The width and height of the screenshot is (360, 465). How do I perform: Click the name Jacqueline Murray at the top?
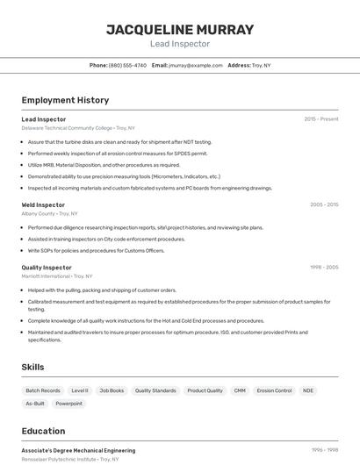pyautogui.click(x=180, y=30)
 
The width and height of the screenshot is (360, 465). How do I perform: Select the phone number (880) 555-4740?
pyautogui.click(x=127, y=65)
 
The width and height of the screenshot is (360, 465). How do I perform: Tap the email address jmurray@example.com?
pyautogui.click(x=195, y=65)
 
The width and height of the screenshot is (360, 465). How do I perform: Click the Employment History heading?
pyautogui.click(x=65, y=100)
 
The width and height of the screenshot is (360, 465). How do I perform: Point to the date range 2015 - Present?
pyautogui.click(x=321, y=118)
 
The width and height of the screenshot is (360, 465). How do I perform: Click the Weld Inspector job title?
pyautogui.click(x=43, y=204)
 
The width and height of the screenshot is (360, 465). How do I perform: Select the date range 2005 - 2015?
pyautogui.click(x=324, y=204)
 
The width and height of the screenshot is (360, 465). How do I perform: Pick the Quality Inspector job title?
pyautogui.click(x=47, y=268)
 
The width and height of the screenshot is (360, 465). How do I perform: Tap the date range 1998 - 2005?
pyautogui.click(x=324, y=268)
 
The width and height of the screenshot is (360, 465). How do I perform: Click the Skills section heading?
pyautogui.click(x=32, y=367)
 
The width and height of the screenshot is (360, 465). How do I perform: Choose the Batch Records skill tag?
pyautogui.click(x=43, y=390)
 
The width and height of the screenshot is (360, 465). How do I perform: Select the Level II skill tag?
pyautogui.click(x=80, y=390)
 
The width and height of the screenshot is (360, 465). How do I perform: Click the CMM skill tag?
pyautogui.click(x=240, y=390)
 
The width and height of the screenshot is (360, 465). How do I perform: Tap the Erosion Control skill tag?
pyautogui.click(x=274, y=390)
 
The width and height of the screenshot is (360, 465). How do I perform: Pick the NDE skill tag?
pyautogui.click(x=308, y=390)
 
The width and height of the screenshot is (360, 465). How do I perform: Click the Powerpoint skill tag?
pyautogui.click(x=68, y=404)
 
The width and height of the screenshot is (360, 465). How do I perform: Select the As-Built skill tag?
pyautogui.click(x=35, y=404)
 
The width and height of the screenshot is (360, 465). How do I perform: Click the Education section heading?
pyautogui.click(x=43, y=431)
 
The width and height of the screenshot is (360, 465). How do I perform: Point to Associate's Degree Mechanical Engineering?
pyautogui.click(x=78, y=450)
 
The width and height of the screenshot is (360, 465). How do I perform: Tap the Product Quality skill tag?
pyautogui.click(x=205, y=390)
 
